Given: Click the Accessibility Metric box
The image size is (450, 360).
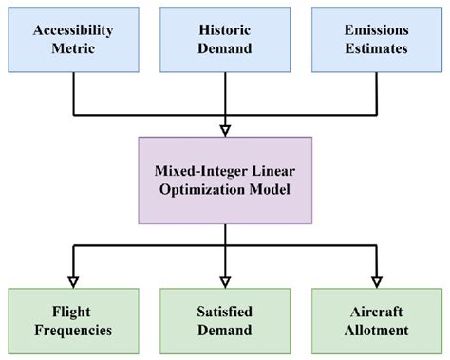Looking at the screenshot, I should coord(73,39).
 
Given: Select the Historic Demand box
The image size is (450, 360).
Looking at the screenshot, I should coord(225,39).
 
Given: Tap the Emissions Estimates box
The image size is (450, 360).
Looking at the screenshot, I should coord(377,39).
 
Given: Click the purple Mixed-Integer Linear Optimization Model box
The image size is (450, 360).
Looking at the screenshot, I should coord(225,180).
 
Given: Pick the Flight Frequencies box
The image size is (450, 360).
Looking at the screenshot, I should coord(73,322).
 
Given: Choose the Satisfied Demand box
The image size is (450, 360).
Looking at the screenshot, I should coord(225,322).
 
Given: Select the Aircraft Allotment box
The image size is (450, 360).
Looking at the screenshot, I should coord(377,322).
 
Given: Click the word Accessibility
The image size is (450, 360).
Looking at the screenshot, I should coord(73,30).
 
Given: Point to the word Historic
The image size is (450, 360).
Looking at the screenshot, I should coord(225,30).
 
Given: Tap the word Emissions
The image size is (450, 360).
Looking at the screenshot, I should coord(377,30).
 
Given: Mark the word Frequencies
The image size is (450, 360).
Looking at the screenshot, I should coord(73,331).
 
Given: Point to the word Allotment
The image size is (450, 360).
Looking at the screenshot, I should coord(377,331).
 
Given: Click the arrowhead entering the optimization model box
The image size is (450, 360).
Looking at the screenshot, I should coord(225,131).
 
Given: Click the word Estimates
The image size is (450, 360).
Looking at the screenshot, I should coord(377,47).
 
